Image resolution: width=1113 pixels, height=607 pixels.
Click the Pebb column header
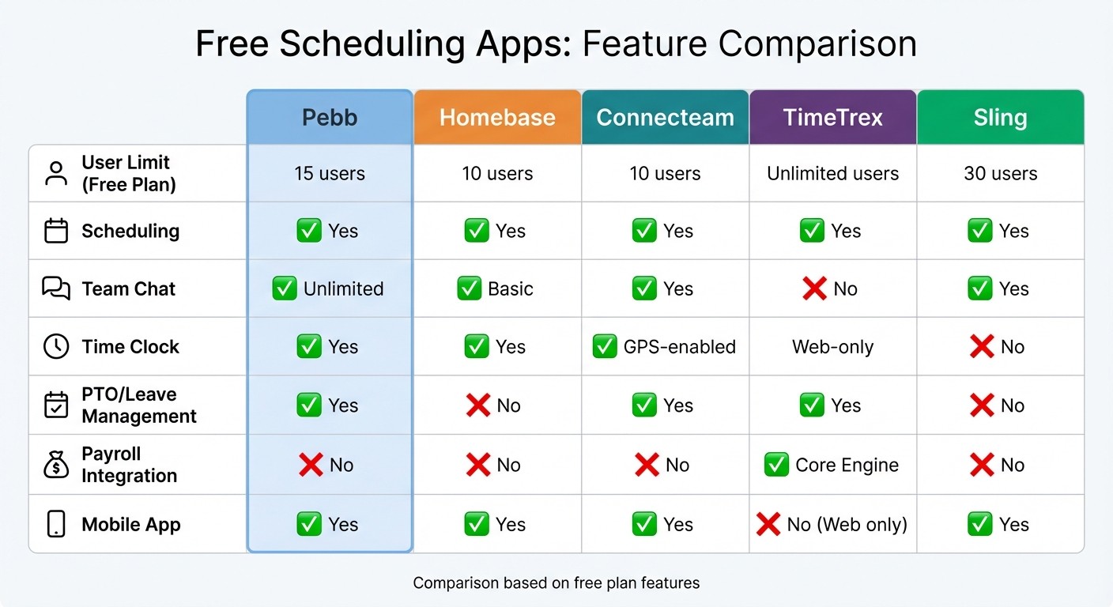(330, 118)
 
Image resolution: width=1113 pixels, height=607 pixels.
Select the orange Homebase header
(497, 118)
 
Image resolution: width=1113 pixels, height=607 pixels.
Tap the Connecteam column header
(665, 118)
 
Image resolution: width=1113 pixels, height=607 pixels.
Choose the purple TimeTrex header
(832, 118)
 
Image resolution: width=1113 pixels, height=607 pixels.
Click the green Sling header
(1000, 118)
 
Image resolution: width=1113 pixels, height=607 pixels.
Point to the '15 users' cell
(330, 173)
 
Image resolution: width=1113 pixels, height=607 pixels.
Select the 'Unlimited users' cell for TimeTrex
(832, 173)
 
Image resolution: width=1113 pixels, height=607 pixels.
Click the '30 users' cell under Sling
(1000, 173)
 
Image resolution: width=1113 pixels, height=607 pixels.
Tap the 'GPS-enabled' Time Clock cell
(665, 347)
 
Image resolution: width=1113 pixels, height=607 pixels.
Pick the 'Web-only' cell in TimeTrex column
(832, 347)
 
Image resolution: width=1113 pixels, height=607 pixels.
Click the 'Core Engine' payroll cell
(832, 465)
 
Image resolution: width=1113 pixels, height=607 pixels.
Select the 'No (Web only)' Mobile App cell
(832, 524)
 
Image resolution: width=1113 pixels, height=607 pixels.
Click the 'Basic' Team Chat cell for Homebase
(497, 288)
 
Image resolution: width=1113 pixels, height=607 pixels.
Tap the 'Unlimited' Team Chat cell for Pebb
(330, 288)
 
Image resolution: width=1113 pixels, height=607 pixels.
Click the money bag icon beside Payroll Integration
(56, 466)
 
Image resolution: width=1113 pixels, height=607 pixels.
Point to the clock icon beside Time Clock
(56, 347)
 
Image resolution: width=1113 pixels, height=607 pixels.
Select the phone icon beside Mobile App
(56, 524)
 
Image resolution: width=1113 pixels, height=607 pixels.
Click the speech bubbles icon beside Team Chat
(56, 288)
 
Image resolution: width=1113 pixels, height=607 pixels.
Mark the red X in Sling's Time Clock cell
(982, 347)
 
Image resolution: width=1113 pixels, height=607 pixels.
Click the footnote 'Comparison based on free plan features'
(556, 583)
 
